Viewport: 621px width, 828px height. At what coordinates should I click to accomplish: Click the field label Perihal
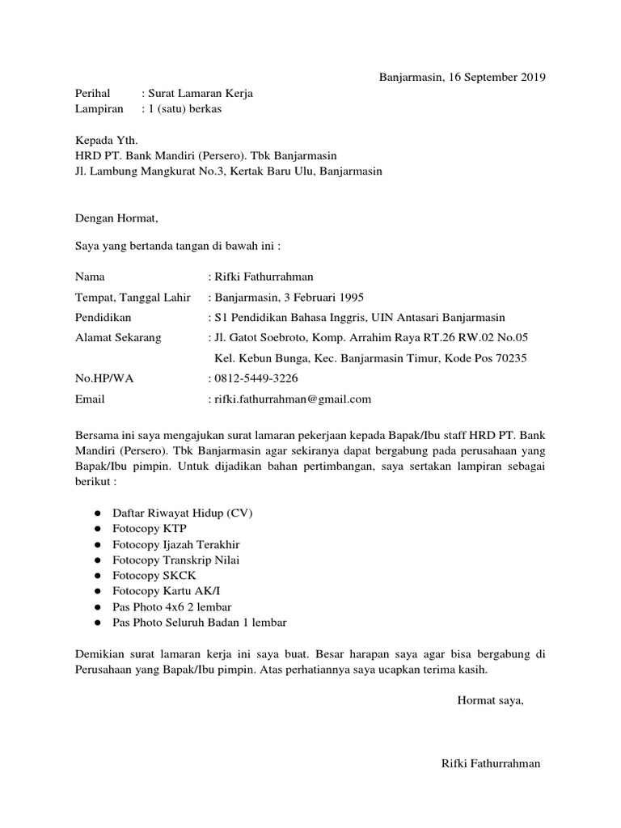coord(93,94)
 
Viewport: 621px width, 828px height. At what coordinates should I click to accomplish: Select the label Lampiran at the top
coord(99,109)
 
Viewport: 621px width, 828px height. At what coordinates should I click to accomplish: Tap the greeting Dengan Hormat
coord(117,218)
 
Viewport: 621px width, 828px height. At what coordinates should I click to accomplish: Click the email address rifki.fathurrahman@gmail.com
coord(292,399)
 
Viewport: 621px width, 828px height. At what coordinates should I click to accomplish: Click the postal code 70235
coord(509,358)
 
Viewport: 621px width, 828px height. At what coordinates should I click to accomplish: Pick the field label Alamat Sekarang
coord(118,337)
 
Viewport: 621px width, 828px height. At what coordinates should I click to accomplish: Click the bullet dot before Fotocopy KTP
coord(97,529)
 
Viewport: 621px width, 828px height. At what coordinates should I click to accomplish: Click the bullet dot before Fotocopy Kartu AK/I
coord(97,591)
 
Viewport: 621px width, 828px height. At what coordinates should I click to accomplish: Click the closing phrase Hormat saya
coord(490,700)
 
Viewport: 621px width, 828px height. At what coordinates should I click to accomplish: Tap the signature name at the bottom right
coord(491,764)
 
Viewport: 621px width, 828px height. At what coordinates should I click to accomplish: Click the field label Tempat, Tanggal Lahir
coord(133,297)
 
